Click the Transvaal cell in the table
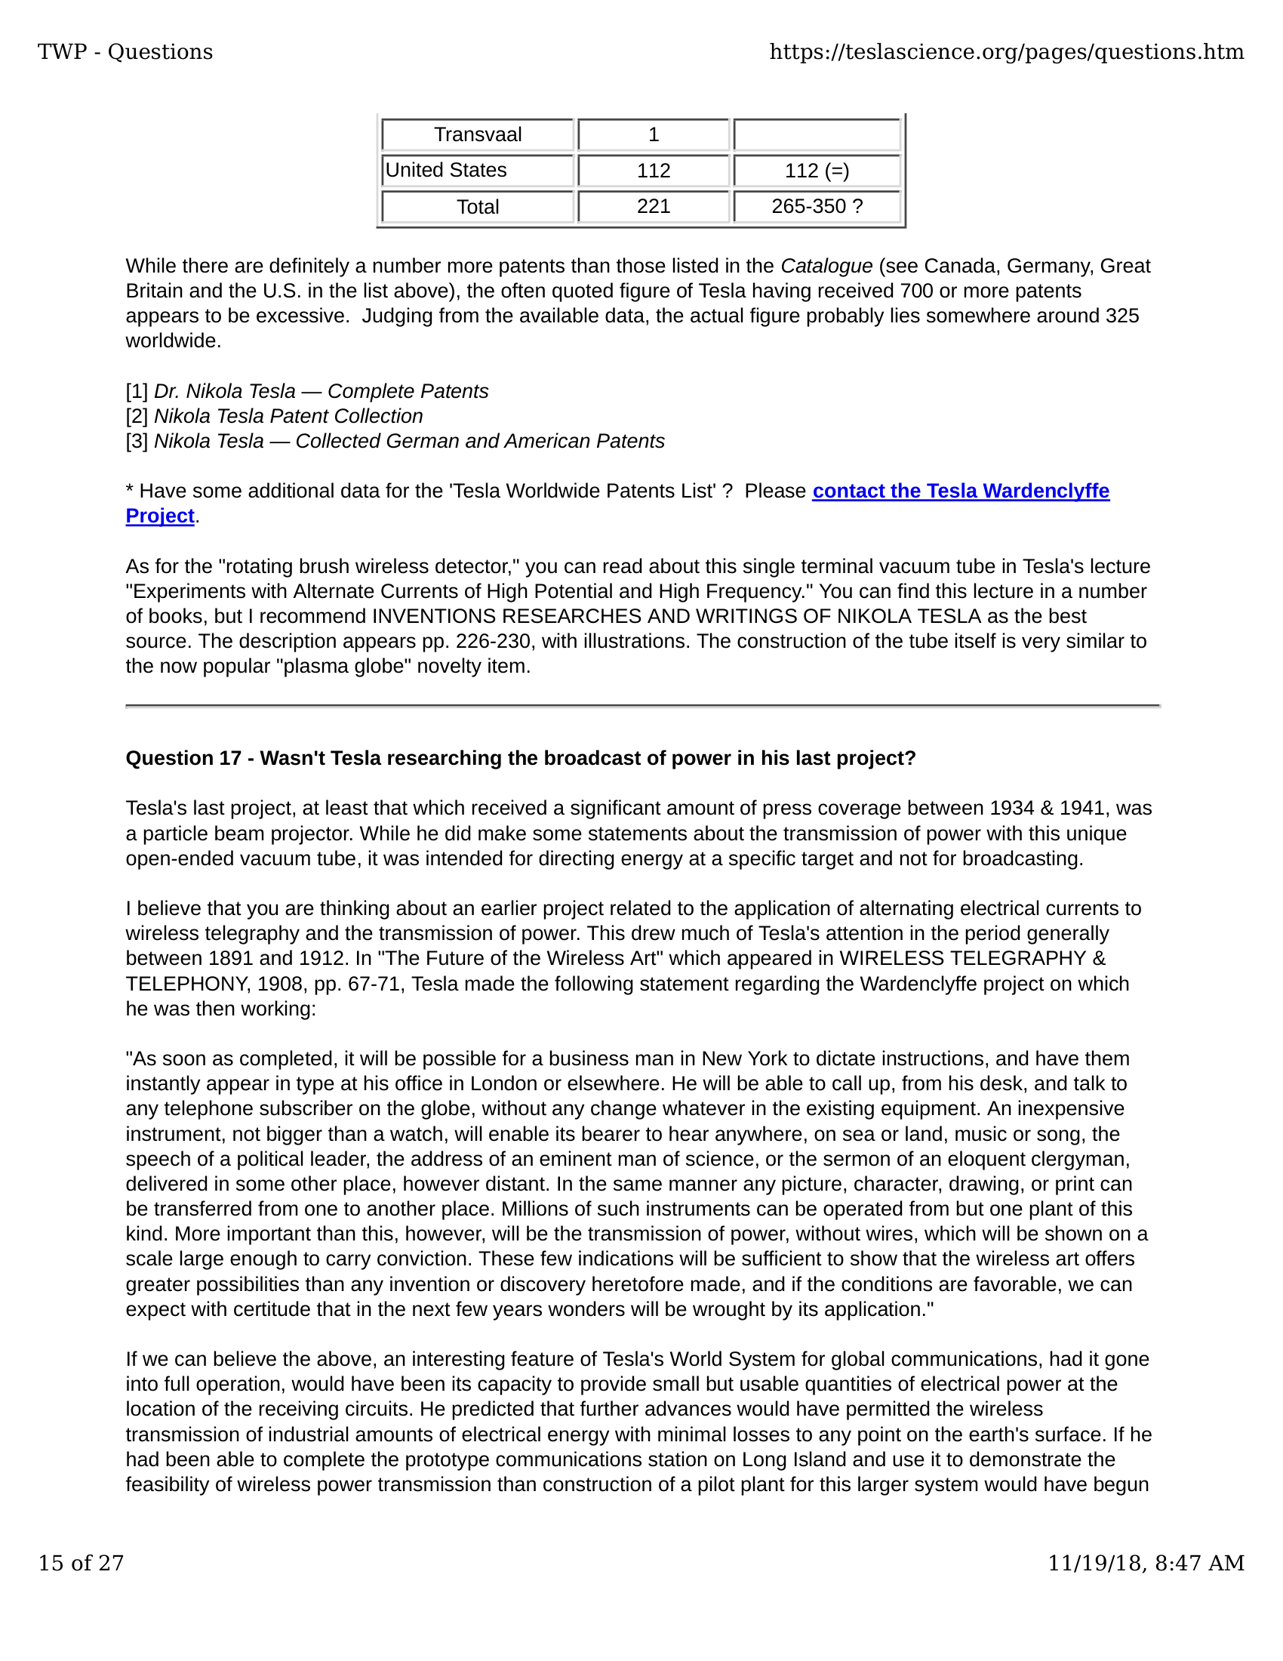(477, 134)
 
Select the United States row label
(446, 171)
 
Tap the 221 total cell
(654, 206)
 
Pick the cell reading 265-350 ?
(817, 206)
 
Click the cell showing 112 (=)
(817, 171)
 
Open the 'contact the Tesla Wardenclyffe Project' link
(960, 492)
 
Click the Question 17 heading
(521, 758)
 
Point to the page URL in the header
(1006, 51)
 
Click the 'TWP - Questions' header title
(125, 51)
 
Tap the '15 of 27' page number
(81, 1563)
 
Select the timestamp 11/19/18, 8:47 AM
(1146, 1563)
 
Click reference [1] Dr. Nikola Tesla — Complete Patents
(307, 392)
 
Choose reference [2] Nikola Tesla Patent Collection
(275, 417)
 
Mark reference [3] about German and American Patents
(395, 442)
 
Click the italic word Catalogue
(826, 267)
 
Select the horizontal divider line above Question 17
(642, 707)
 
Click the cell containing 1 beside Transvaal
(654, 134)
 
